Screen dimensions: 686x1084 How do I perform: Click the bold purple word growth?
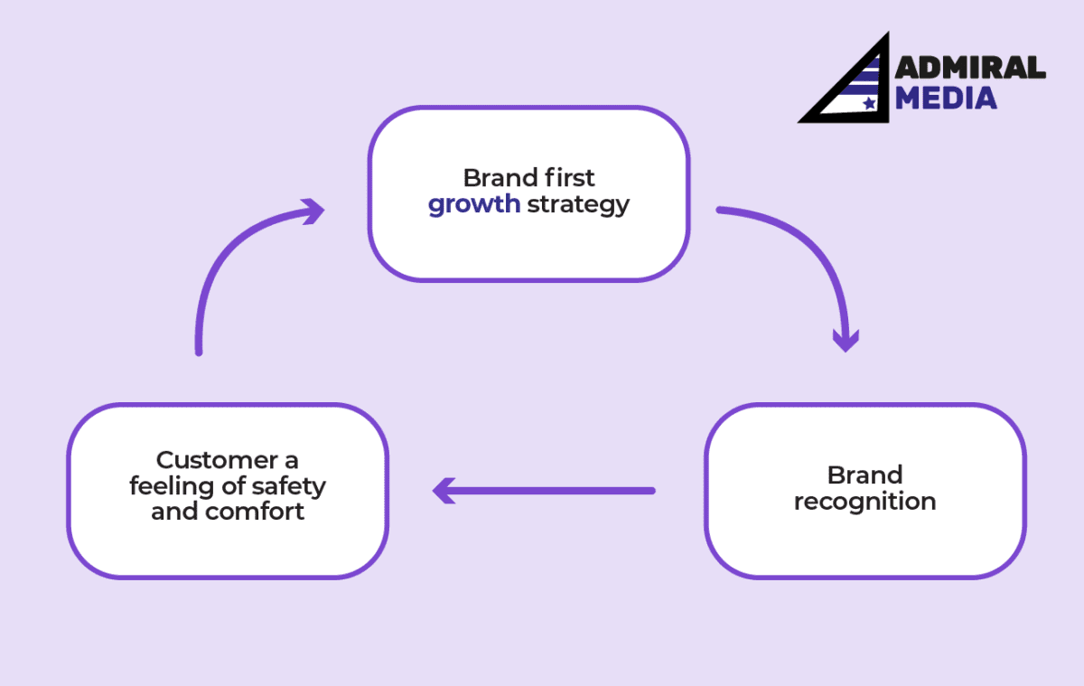click(473, 204)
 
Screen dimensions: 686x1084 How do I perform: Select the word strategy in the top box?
click(578, 204)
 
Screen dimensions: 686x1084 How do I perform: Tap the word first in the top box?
click(566, 176)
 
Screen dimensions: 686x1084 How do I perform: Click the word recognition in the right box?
click(864, 502)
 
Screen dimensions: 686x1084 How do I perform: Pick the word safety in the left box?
click(289, 485)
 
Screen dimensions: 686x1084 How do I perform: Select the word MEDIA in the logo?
click(946, 98)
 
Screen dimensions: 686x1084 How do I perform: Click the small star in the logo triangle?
click(869, 104)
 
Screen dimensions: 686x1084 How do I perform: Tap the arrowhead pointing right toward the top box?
click(313, 211)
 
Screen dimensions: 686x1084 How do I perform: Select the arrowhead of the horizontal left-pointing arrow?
click(444, 491)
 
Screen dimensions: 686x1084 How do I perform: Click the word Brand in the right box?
click(864, 475)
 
